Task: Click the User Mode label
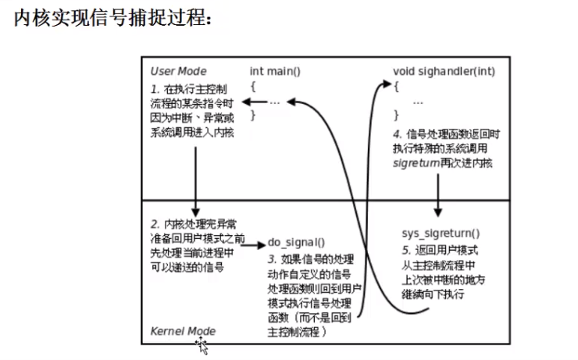(179, 71)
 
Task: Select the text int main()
(276, 71)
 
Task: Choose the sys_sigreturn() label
(441, 233)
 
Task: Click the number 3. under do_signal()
(272, 259)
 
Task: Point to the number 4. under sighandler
(398, 134)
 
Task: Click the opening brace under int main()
(252, 86)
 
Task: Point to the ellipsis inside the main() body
(274, 102)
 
